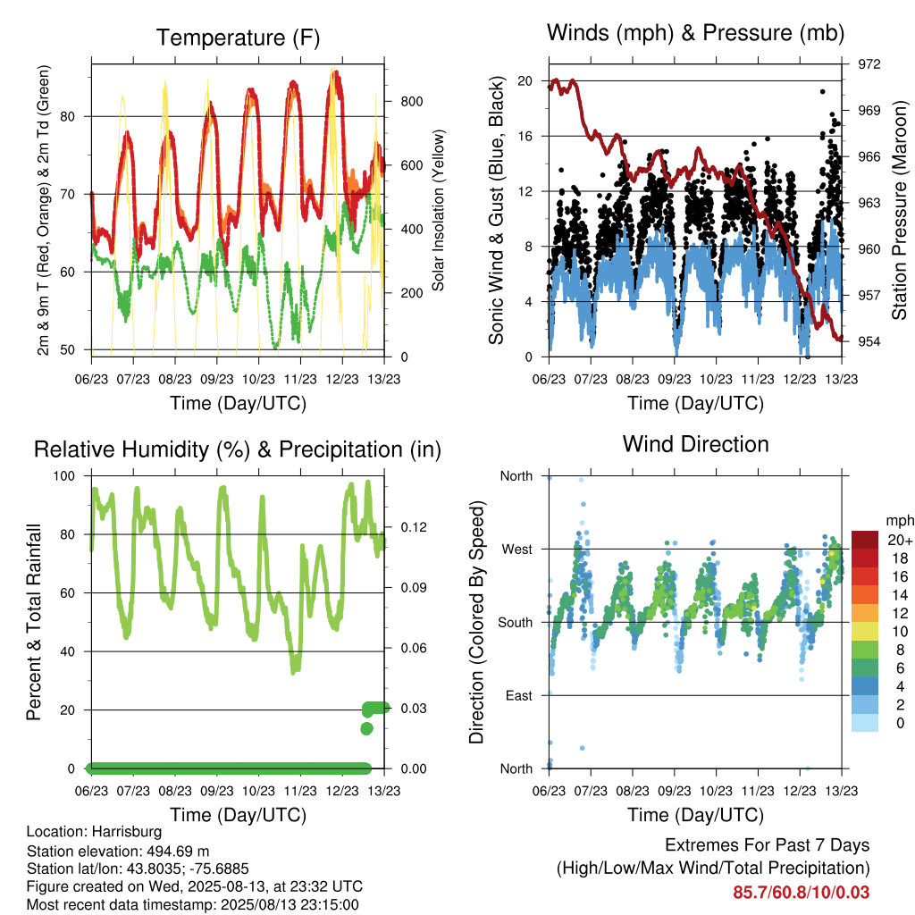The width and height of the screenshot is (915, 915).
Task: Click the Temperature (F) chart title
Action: (x=238, y=38)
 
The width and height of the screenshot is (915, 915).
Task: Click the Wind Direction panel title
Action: (x=695, y=445)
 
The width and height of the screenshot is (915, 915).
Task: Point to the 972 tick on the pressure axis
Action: (x=869, y=64)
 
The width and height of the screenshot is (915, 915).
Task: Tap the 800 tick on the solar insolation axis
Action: (x=411, y=102)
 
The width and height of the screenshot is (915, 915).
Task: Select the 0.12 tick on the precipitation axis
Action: (x=413, y=527)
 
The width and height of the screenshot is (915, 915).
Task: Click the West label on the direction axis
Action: (x=517, y=550)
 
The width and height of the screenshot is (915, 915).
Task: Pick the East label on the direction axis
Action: (x=519, y=695)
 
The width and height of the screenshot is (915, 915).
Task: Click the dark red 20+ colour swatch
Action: (x=865, y=540)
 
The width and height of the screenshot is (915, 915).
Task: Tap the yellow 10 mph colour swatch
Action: (x=865, y=632)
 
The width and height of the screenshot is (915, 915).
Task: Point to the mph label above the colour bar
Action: (x=900, y=521)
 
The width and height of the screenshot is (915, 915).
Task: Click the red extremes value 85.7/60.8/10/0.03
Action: (x=802, y=893)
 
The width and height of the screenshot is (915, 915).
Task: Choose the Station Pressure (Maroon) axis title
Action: (x=899, y=210)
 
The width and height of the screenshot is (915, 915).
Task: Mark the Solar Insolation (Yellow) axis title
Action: (x=438, y=210)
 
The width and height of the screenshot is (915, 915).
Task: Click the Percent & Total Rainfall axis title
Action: (x=34, y=622)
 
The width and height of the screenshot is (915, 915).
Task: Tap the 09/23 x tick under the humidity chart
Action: (x=217, y=791)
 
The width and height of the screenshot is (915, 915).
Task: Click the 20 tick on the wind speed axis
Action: (x=525, y=81)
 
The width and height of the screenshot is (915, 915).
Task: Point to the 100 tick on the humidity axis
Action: (x=64, y=476)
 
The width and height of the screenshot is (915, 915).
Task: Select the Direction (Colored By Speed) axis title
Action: (x=477, y=622)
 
